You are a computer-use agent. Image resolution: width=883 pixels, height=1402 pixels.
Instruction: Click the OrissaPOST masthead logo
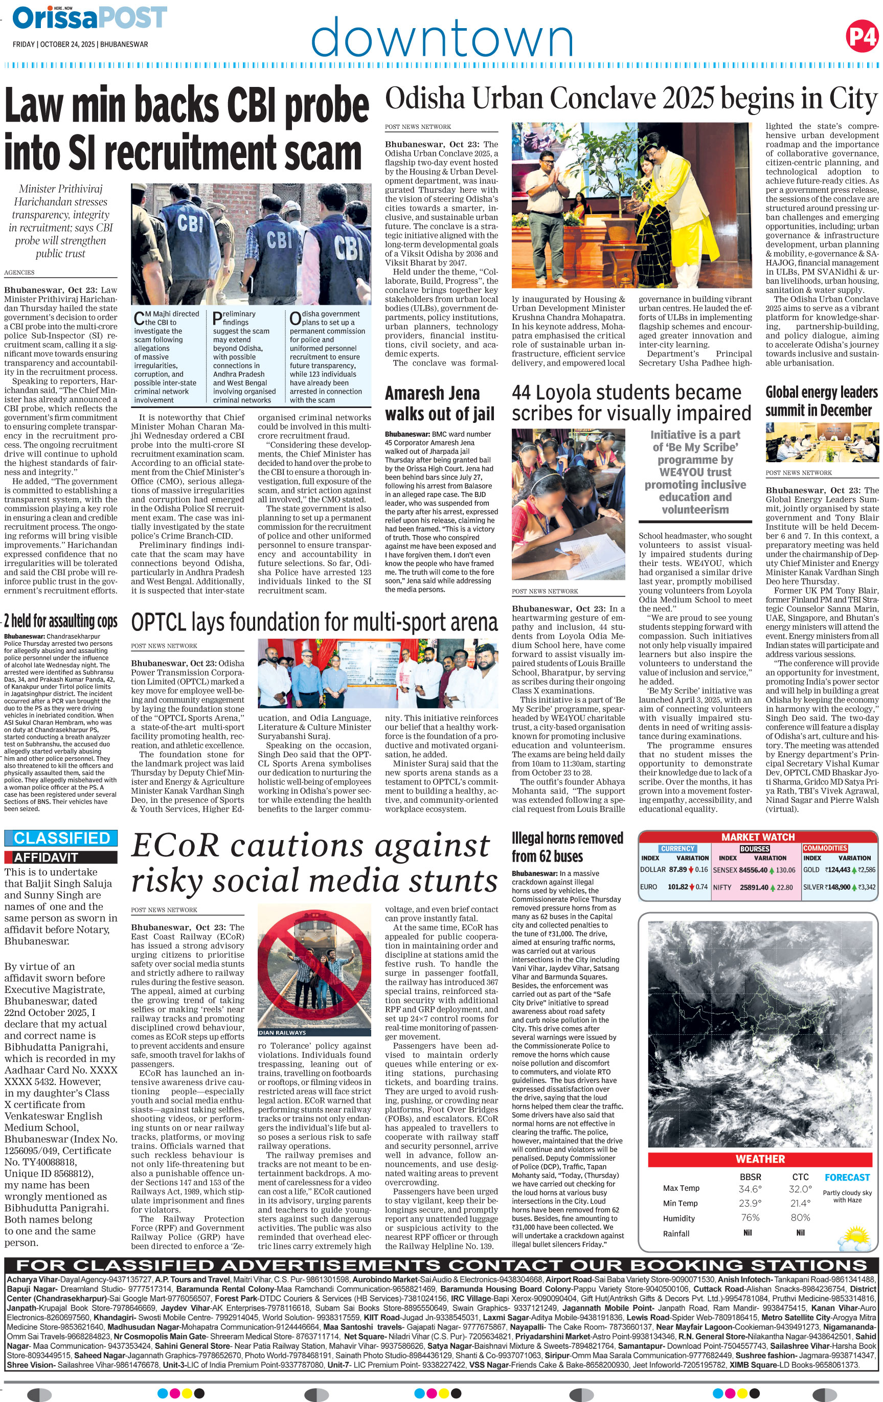(89, 18)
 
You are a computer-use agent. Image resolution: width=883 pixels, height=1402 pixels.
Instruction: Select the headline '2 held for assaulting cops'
(60, 621)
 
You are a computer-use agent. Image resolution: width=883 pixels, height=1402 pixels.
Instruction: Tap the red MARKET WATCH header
(757, 836)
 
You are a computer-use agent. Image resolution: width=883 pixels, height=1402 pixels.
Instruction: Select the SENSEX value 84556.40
(753, 870)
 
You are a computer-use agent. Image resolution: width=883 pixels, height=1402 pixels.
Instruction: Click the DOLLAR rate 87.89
(677, 869)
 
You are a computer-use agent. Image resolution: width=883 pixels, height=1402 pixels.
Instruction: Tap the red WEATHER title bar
(760, 1159)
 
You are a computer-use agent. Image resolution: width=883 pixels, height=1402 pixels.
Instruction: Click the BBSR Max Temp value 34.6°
(750, 1189)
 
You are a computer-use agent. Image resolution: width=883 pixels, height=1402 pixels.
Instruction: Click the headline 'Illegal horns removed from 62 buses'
(567, 847)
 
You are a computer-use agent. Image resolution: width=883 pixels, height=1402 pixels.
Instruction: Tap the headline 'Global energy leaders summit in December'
(821, 401)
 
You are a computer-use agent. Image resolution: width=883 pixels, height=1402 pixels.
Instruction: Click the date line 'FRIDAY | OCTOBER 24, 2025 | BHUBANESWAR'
(80, 44)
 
